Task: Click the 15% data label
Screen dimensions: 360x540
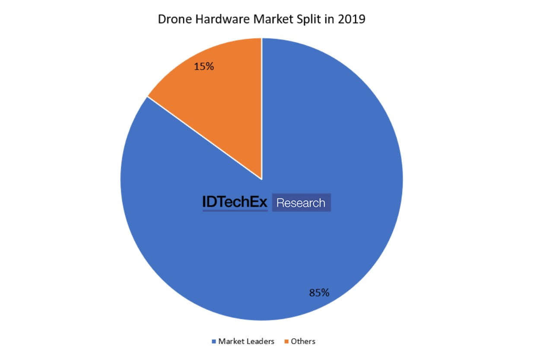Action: [x=204, y=67]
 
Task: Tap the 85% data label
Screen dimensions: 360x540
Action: [x=319, y=293]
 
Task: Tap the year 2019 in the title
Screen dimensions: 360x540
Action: [x=353, y=19]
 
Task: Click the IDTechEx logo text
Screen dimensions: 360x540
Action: [x=235, y=202]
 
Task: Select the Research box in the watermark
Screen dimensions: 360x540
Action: [x=301, y=203]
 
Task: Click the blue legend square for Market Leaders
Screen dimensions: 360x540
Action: [x=214, y=342]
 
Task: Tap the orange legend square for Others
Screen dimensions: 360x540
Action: [x=286, y=342]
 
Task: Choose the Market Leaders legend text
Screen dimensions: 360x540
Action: [x=246, y=341]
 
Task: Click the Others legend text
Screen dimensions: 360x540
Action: [x=303, y=341]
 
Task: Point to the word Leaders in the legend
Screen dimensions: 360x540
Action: [x=260, y=341]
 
